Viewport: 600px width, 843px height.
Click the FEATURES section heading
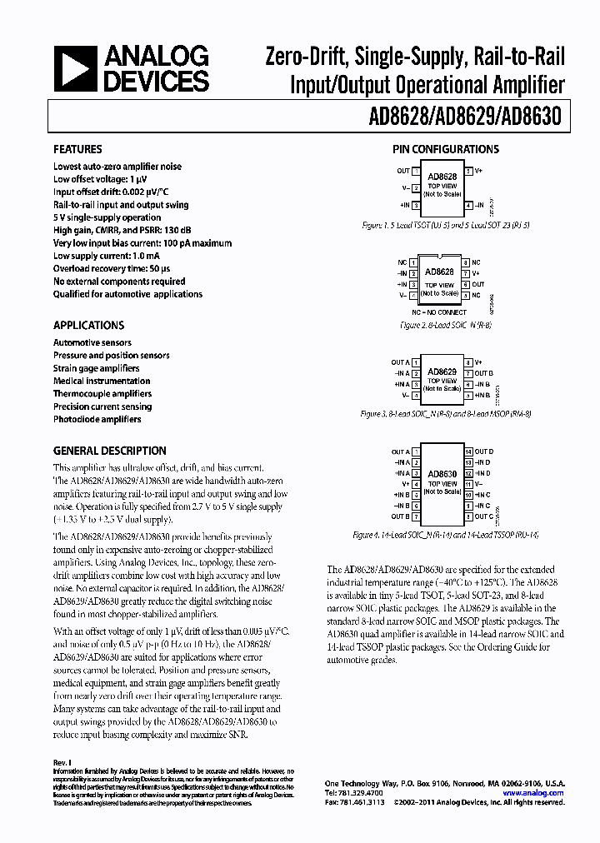77,149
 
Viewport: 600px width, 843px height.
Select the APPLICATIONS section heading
88,326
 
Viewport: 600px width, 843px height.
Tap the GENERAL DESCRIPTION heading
109,451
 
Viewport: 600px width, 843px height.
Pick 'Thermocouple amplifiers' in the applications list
102,394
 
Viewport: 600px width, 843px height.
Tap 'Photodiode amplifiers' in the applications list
97,420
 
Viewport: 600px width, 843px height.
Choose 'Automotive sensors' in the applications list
92,342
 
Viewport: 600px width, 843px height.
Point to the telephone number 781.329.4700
350,793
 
